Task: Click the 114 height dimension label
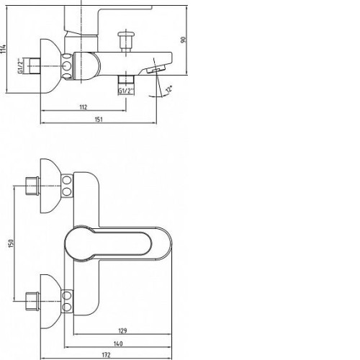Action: pyautogui.click(x=4, y=50)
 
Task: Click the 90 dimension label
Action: pyautogui.click(x=184, y=40)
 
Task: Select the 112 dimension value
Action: pyautogui.click(x=83, y=107)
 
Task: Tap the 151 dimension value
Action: pyautogui.click(x=99, y=120)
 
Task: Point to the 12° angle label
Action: pyautogui.click(x=169, y=90)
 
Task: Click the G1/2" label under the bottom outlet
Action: pyautogui.click(x=126, y=91)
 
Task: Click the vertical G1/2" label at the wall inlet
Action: pyautogui.click(x=21, y=66)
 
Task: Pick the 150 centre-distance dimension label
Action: pyautogui.click(x=11, y=243)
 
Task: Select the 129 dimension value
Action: pyautogui.click(x=122, y=331)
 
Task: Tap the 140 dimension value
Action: pyautogui.click(x=118, y=344)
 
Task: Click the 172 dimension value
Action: pyautogui.click(x=106, y=355)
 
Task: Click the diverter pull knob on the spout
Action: pyautogui.click(x=126, y=40)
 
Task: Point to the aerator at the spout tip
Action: pyautogui.click(x=156, y=69)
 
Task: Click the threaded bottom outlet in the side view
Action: pyautogui.click(x=126, y=79)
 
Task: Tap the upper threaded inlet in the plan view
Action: pyautogui.click(x=32, y=186)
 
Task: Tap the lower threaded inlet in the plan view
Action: pyautogui.click(x=32, y=301)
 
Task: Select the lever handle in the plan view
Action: pyautogui.click(x=118, y=243)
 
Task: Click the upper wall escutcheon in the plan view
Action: pyautogui.click(x=51, y=186)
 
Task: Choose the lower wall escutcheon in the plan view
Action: pyautogui.click(x=51, y=302)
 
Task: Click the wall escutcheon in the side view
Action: pyautogui.click(x=51, y=66)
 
